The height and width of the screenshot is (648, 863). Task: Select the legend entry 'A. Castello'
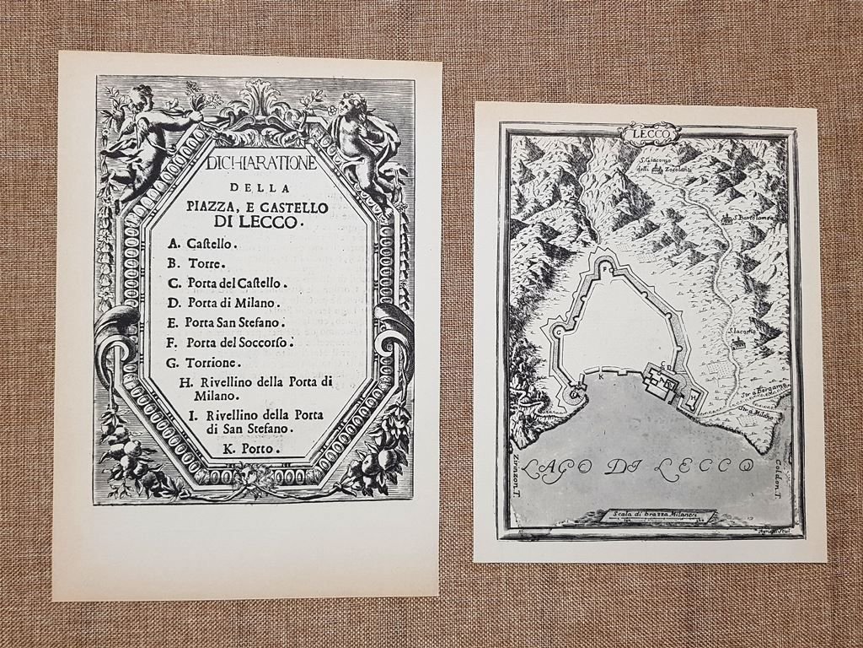pos(202,244)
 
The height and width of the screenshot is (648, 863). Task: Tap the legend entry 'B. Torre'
pos(196,263)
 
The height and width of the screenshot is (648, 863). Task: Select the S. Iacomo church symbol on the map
pos(737,341)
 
